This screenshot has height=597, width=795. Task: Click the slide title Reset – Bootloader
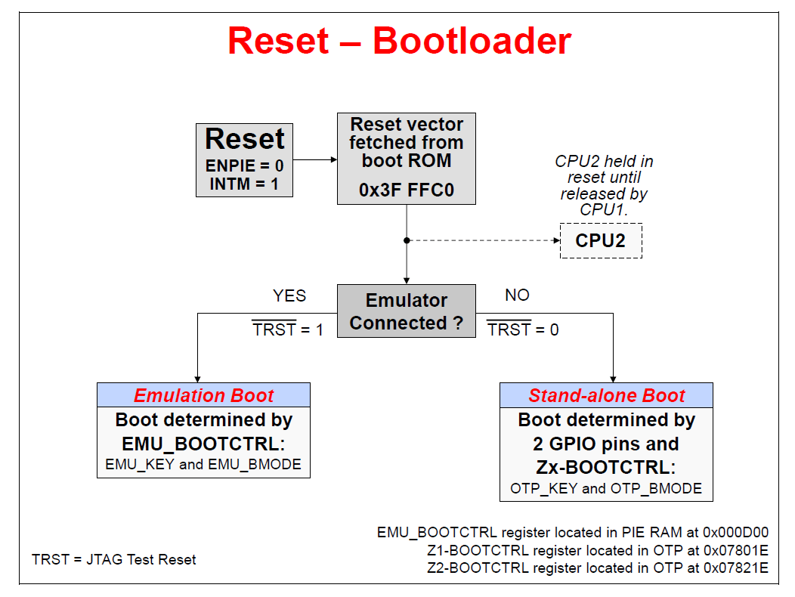coord(399,41)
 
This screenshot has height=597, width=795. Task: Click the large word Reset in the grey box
coord(245,139)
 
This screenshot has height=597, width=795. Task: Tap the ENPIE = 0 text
coord(245,165)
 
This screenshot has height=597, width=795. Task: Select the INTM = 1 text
coord(245,183)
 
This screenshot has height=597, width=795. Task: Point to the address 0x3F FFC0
coord(407,190)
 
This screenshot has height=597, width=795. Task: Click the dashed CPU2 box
coord(601,240)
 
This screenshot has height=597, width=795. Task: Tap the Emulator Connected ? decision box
coord(407,311)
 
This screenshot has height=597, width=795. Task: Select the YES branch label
coord(289,295)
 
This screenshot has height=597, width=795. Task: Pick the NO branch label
coord(517,295)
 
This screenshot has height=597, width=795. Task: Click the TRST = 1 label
coord(288,329)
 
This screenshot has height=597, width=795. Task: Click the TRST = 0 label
coord(523,329)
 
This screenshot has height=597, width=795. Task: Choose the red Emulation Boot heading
coord(203,395)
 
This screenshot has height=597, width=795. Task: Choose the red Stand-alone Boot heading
coord(606,395)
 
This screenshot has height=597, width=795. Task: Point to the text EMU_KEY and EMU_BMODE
coord(203,465)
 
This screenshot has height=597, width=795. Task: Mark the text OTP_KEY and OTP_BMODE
coord(606,488)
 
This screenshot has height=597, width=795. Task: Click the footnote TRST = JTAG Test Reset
coord(114,560)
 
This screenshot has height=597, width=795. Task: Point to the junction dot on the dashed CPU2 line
coord(407,240)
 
